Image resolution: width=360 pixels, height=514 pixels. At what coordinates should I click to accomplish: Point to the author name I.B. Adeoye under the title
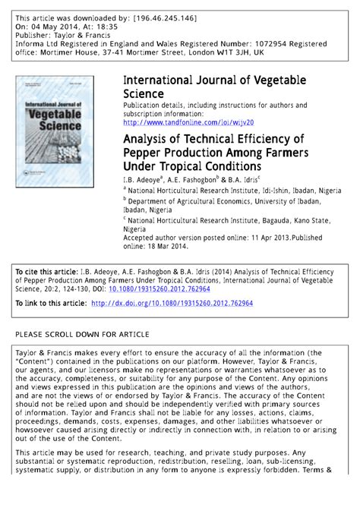click(144, 179)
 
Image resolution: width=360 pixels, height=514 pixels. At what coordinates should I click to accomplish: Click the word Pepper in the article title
click(147, 152)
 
